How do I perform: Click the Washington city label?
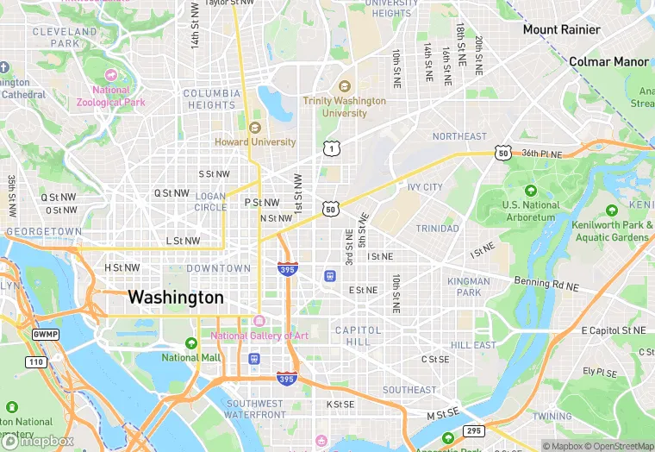click(176, 298)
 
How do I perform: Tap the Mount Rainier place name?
click(561, 29)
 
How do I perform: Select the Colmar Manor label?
click(608, 61)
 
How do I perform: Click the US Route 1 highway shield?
click(330, 149)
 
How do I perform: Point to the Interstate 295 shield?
click(473, 430)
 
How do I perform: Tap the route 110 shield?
click(35, 361)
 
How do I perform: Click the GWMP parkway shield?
click(44, 334)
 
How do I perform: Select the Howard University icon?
click(254, 128)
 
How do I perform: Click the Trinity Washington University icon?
click(345, 86)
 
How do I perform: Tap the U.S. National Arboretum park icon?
click(530, 191)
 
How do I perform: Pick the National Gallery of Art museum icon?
click(259, 321)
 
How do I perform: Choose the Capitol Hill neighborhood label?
click(358, 336)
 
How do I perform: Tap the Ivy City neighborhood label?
click(425, 187)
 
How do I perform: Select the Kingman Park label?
click(469, 287)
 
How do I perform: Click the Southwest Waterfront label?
click(254, 409)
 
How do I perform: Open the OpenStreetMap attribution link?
click(618, 445)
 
